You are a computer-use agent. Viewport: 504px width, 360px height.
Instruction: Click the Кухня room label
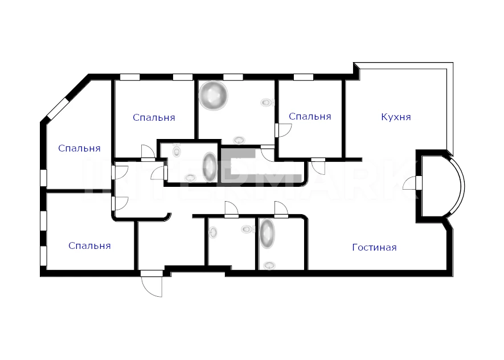tap(396, 117)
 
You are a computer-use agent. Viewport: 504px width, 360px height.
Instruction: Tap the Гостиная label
tap(375, 247)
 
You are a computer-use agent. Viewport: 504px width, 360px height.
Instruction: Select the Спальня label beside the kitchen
tap(310, 116)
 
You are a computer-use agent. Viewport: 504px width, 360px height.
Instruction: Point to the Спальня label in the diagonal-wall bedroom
tap(79, 149)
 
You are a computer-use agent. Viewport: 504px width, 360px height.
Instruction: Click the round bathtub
tap(213, 96)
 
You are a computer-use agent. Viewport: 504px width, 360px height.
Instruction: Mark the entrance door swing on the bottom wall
tap(151, 284)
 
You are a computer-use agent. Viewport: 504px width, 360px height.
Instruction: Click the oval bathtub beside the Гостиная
tap(267, 234)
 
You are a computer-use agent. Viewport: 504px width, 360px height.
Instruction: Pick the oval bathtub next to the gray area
tap(209, 166)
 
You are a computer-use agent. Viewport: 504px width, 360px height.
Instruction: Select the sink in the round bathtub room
tap(239, 140)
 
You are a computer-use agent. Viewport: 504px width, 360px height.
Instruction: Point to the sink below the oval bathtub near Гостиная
tap(269, 266)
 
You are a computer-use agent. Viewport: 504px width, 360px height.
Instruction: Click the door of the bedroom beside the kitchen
tap(283, 130)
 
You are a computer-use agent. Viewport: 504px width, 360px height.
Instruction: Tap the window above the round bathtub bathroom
tap(233, 77)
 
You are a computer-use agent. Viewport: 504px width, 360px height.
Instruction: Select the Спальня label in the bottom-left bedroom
tap(89, 246)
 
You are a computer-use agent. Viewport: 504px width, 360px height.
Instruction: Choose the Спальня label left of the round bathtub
tap(154, 118)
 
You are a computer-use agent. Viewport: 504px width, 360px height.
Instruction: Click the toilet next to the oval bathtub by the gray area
tap(177, 149)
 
